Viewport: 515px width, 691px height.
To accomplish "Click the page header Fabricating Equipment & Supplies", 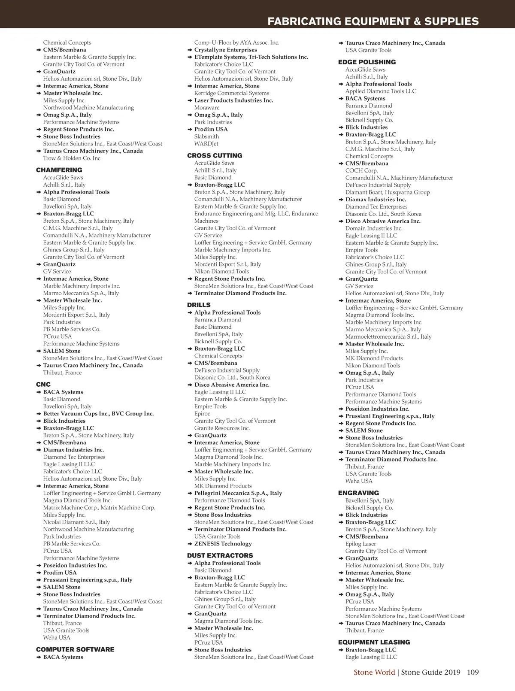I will click(x=373, y=21).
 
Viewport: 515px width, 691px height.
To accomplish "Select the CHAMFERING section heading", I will click(x=59, y=170).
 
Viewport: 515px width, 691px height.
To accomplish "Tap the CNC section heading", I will click(x=43, y=385).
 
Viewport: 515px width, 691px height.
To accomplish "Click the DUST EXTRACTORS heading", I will click(x=220, y=555).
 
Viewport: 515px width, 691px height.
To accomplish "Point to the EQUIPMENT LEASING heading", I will click(x=374, y=642).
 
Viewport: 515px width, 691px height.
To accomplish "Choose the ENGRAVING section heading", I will click(x=358, y=493).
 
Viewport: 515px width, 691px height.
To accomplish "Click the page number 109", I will click(x=473, y=672).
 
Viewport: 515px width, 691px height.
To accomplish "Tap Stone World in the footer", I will click(x=374, y=672).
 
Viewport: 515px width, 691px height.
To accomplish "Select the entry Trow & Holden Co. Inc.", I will click(x=72, y=158).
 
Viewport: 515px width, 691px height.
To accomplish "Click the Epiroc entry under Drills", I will click(x=202, y=414).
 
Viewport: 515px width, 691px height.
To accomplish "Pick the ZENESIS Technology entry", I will click(x=223, y=544).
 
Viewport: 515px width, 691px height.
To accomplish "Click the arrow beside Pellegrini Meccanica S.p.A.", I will click(x=190, y=493).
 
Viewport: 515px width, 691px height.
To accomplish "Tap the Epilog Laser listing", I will click(x=360, y=544).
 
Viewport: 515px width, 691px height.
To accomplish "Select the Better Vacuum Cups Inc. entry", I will click(x=98, y=414).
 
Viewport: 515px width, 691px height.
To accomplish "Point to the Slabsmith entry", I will click(x=206, y=136).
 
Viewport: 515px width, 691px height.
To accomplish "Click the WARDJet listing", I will click(x=206, y=144).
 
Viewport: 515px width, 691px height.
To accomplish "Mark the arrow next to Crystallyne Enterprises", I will click(x=190, y=50).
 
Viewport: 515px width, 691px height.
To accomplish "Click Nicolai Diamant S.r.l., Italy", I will click(x=76, y=522).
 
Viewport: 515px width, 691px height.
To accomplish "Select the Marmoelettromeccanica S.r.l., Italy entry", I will click(x=388, y=336).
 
